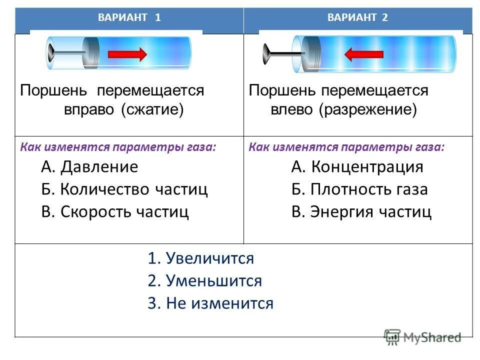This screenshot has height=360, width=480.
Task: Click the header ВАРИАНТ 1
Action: (129, 17)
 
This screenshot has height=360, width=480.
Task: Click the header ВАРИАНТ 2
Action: (357, 17)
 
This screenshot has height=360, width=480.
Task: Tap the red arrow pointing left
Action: (363, 53)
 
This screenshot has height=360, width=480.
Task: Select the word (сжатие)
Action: (152, 109)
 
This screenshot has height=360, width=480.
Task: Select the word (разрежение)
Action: (368, 109)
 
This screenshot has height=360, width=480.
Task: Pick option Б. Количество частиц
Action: (124, 189)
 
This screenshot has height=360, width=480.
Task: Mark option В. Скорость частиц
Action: (115, 211)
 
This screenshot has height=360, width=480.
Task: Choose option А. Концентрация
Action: (357, 166)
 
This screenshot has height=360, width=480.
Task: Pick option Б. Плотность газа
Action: (359, 189)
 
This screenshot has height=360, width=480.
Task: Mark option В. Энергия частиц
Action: (361, 211)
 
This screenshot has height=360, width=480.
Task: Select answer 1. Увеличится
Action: (200, 258)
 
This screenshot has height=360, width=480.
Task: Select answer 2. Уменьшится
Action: (204, 280)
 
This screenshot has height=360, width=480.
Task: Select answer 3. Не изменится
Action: (210, 303)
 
